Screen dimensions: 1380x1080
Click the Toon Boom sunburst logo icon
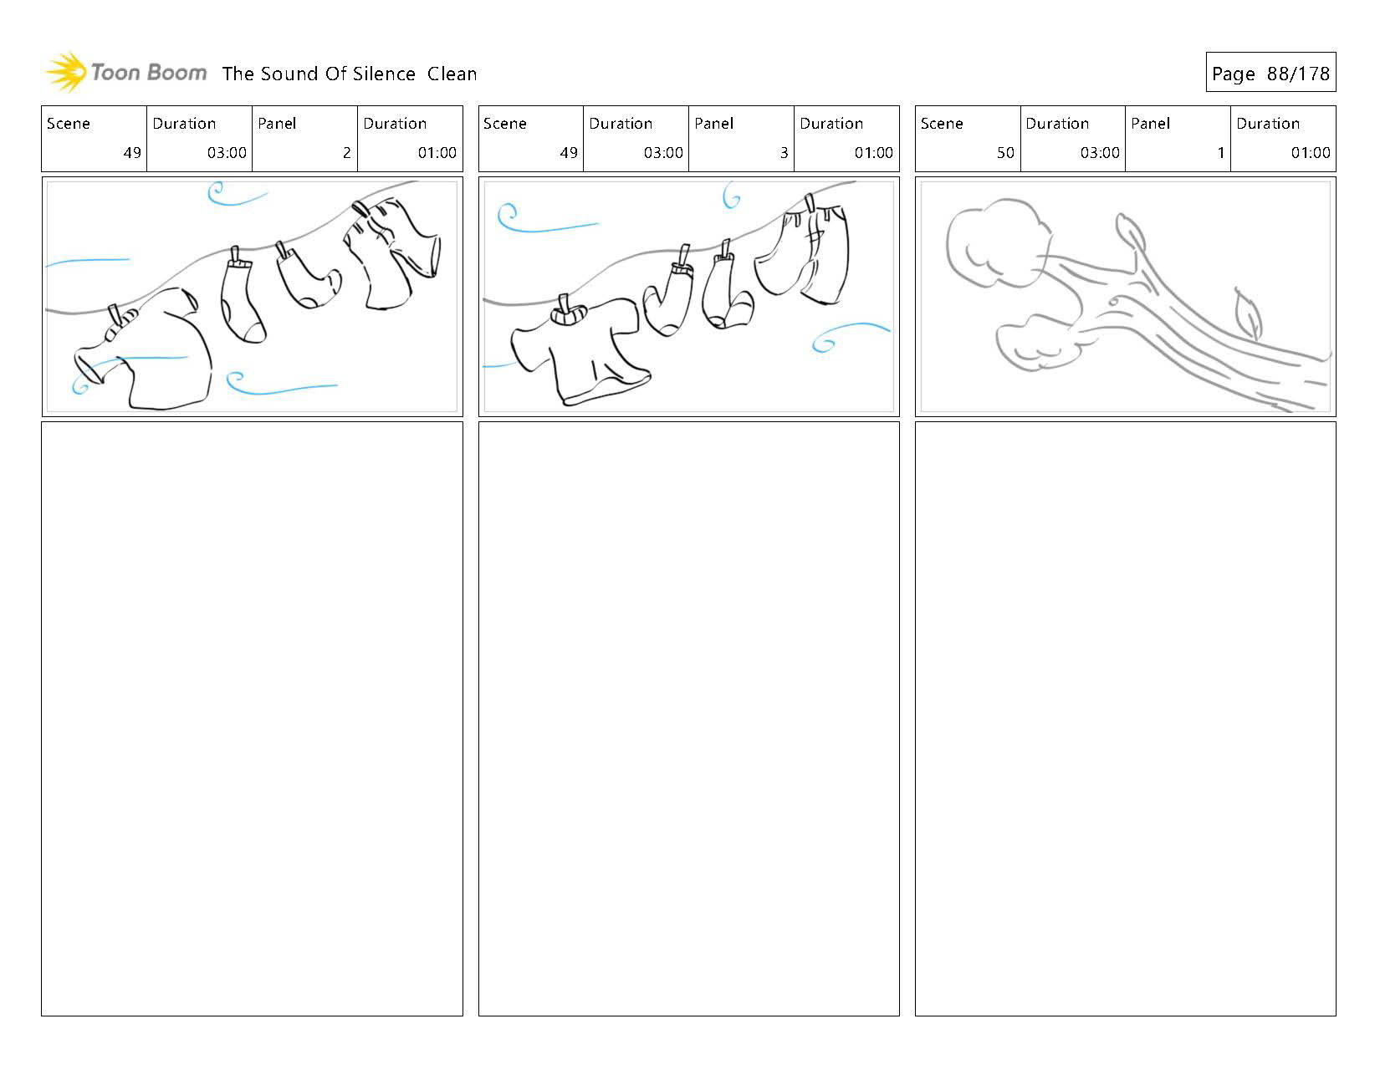66,72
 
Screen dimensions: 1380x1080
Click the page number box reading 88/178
1270,74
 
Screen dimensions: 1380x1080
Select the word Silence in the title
383,74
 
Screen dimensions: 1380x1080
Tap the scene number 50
1004,152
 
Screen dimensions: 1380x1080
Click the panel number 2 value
346,152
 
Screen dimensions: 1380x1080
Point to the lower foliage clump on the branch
1037,343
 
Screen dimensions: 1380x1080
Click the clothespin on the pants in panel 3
810,203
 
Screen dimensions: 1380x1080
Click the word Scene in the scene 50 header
941,124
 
